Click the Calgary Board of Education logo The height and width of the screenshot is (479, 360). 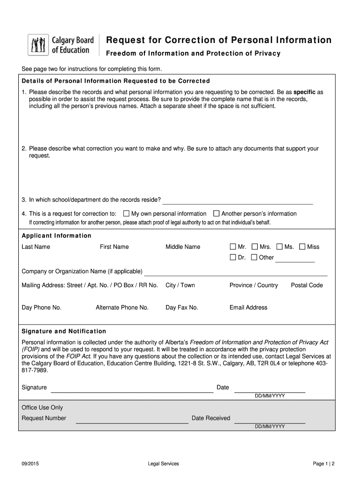pos(61,45)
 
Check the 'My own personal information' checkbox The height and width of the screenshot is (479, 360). pos(126,213)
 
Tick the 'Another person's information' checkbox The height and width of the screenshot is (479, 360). pos(216,213)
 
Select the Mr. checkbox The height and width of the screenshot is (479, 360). pos(233,247)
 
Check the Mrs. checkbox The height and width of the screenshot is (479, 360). pos(254,247)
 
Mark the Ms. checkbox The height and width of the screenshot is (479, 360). pos(279,247)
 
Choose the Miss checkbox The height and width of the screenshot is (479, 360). pos(302,247)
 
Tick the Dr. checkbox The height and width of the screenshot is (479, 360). pos(233,257)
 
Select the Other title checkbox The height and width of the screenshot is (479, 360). pos(254,257)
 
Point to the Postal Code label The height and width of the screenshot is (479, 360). pos(307,285)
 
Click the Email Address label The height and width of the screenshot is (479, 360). pos(248,308)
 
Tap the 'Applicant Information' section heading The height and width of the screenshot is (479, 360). pos(57,236)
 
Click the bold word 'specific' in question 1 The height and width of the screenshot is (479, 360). pos(304,92)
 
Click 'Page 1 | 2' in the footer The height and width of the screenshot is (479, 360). pos(324,464)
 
